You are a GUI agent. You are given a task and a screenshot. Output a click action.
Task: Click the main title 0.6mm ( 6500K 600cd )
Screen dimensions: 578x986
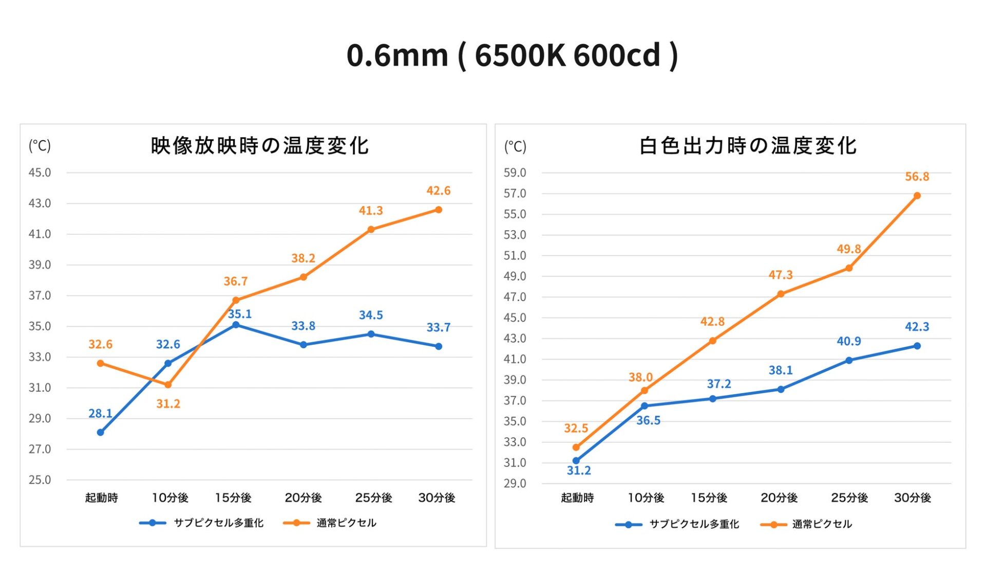pos(512,55)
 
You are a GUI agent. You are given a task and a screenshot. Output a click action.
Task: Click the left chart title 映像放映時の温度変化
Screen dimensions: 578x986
pos(259,146)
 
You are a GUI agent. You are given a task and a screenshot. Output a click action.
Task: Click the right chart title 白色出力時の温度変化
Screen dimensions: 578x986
pos(748,146)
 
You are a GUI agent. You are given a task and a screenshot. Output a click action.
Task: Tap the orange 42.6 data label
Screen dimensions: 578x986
pos(438,191)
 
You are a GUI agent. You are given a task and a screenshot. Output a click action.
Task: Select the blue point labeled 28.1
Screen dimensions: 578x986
pos(101,433)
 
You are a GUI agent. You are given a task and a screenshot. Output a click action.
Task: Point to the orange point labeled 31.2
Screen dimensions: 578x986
pos(168,385)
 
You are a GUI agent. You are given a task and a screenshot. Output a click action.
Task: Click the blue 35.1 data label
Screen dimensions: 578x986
pos(239,314)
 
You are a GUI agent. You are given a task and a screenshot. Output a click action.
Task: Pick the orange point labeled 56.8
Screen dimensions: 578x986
pos(917,196)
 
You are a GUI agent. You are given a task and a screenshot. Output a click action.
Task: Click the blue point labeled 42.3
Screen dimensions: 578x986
pos(917,346)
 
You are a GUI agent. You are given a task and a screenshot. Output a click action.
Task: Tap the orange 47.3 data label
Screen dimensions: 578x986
pos(780,275)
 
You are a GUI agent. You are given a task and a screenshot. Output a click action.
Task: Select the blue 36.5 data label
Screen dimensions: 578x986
pos(648,420)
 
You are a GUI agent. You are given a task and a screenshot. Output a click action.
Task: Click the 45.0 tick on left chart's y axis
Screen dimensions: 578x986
pos(40,173)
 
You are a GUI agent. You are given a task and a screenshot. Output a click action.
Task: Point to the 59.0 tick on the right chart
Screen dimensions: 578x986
pos(515,173)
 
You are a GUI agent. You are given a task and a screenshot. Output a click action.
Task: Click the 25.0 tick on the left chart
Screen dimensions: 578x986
pos(40,480)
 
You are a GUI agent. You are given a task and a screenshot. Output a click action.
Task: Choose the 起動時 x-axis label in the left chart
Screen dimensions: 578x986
pos(101,497)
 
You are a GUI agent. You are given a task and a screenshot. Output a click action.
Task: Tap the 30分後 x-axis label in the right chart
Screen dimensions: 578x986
pos(912,497)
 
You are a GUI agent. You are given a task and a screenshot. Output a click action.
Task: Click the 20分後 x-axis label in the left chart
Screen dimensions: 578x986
pos(303,497)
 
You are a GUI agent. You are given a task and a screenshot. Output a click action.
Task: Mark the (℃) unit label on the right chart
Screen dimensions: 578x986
pos(515,146)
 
